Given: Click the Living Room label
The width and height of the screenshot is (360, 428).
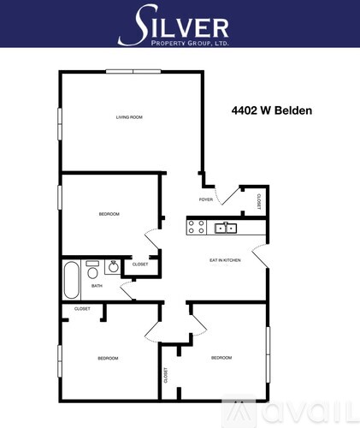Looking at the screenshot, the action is click(x=129, y=117).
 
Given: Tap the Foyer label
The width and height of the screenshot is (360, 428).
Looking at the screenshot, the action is click(x=206, y=199).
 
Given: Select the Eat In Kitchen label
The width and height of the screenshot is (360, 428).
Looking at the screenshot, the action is click(x=225, y=260).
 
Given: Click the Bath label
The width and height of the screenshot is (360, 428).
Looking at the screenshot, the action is click(x=97, y=286).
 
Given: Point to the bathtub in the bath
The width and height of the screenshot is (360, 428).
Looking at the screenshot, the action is click(x=71, y=280).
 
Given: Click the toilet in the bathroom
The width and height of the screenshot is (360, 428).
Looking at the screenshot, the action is click(x=92, y=270).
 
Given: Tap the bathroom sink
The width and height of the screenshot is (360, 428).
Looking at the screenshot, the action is click(x=113, y=267).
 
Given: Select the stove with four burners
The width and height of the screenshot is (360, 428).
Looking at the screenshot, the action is click(x=197, y=227).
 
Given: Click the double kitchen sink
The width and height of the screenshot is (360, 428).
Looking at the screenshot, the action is click(x=226, y=228).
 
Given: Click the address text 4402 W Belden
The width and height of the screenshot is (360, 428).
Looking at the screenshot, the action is click(x=272, y=110).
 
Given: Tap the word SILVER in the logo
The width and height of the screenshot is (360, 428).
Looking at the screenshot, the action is click(x=174, y=24).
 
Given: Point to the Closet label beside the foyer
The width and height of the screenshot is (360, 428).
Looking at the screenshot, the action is click(x=259, y=201).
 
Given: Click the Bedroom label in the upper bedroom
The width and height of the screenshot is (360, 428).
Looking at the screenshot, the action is click(x=109, y=214).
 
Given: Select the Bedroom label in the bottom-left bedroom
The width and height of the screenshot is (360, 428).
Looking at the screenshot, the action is click(x=108, y=359).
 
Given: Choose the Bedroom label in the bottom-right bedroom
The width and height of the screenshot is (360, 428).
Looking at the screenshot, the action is click(x=221, y=358).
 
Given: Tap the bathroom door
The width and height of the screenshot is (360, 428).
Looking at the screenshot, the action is click(x=127, y=290).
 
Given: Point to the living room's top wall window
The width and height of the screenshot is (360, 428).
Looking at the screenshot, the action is click(x=133, y=71).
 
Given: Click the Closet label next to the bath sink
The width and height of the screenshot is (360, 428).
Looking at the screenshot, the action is click(x=140, y=265).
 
